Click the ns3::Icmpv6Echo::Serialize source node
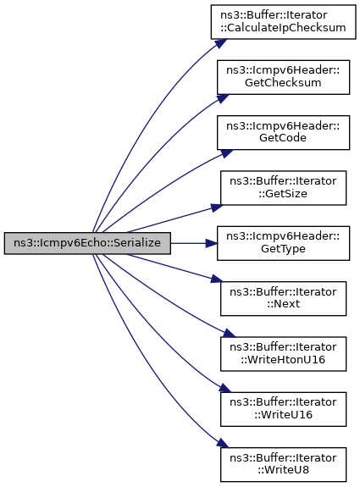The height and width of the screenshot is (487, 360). pos(87,243)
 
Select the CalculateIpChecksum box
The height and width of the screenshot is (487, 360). pos(283,22)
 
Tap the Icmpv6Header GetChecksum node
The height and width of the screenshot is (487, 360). pos(283,77)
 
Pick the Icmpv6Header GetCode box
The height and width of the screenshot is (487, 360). pos(283,132)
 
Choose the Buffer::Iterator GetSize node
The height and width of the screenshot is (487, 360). pos(283,187)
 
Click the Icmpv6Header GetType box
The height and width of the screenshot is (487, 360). pos(283,243)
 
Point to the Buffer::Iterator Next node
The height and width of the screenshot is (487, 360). pos(283,298)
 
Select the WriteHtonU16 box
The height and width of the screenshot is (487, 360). pos(283,354)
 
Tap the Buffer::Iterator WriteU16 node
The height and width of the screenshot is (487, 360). pos(283,409)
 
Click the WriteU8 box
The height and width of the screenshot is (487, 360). pos(283,464)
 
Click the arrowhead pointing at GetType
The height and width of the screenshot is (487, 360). pos(212,243)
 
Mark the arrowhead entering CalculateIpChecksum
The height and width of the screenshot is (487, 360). pos(221,43)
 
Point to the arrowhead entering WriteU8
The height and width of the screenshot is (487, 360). pos(224,443)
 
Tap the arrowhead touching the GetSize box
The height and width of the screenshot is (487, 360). pos(217,208)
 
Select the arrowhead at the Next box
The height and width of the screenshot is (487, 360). pos(217,279)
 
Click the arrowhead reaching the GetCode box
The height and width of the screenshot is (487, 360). pos(227,153)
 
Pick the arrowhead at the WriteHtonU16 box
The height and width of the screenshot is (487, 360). pos(229,334)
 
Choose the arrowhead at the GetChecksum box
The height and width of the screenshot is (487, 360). pos(223,98)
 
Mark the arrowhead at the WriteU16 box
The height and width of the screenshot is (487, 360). pos(225,389)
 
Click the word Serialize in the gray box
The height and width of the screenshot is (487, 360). pos(136,243)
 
